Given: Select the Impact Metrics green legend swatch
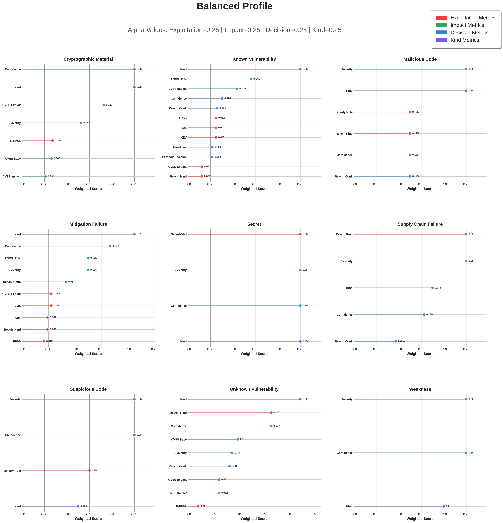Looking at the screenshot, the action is pos(441,25).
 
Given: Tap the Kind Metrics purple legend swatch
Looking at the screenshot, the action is pos(441,40).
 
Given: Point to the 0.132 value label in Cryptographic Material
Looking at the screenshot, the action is pos(86,123).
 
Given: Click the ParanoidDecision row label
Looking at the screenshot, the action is pos(174,157).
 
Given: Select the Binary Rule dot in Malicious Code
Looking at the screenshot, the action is pos(410,112).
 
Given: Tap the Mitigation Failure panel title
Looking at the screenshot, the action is pos(88,224).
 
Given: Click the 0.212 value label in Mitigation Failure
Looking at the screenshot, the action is pos(140,234).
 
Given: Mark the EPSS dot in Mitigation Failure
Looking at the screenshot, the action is pos(44,341).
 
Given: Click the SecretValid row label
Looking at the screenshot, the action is pos(179,234).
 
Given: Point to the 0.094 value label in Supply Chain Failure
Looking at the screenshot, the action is pos(401,341).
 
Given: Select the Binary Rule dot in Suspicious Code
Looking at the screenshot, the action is pos(89,471).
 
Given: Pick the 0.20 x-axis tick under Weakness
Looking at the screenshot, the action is pos(444,514).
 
